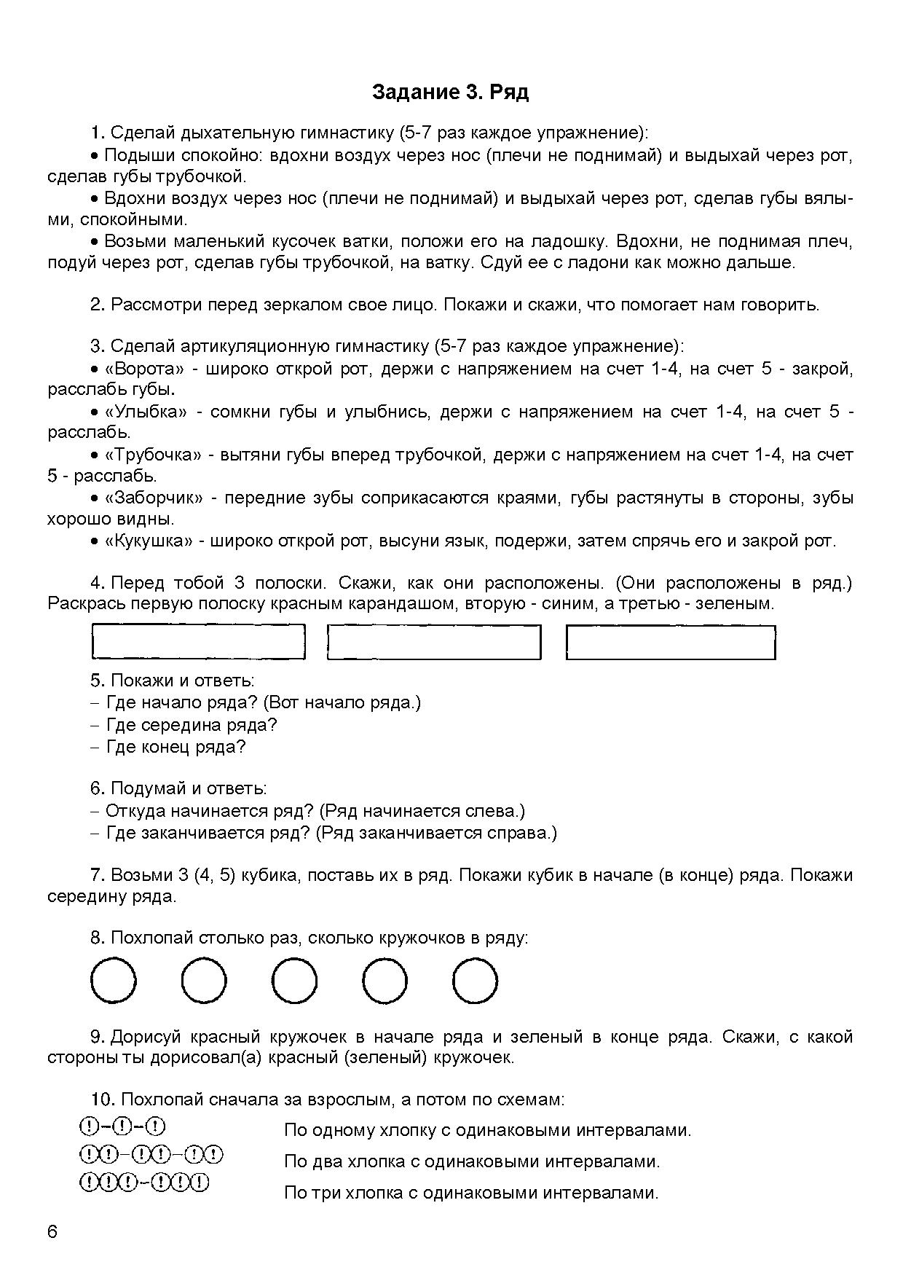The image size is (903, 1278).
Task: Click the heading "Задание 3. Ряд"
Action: click(450, 93)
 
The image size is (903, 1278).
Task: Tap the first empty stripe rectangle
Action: click(198, 642)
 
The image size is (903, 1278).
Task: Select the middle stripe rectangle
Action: click(434, 642)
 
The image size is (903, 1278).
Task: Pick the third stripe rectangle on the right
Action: click(671, 642)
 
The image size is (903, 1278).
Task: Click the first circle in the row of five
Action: click(113, 981)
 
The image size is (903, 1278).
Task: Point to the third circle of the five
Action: click(294, 981)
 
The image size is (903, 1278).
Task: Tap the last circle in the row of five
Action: click(475, 981)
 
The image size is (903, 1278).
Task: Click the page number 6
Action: click(52, 1232)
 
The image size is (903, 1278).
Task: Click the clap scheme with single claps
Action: click(122, 1127)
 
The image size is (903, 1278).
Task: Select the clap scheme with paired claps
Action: click(150, 1155)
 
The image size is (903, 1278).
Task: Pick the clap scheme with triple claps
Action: click(143, 1182)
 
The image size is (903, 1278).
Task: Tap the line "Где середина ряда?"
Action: click(192, 725)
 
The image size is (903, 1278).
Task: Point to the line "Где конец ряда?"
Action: click(176, 747)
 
